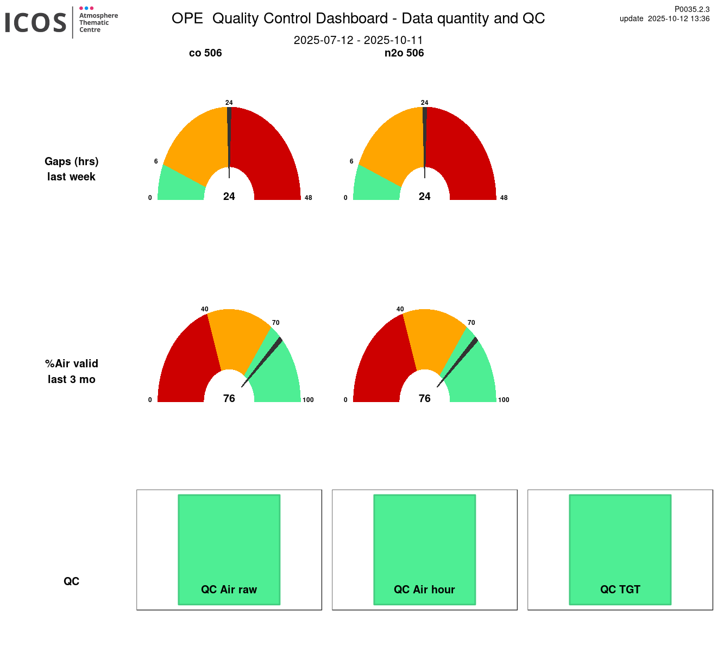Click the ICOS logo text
(x=36, y=23)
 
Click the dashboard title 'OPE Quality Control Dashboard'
(x=358, y=18)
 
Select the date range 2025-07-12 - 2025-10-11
(x=358, y=40)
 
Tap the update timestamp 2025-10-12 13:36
(x=664, y=18)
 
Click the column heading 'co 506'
(x=205, y=53)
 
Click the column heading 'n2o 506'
(x=404, y=53)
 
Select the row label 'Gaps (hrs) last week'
(x=72, y=169)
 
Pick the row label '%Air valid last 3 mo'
(x=72, y=371)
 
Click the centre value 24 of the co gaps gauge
(x=229, y=196)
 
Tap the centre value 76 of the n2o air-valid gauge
(x=425, y=398)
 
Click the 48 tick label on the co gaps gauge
(x=309, y=198)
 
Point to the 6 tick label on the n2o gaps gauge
(x=351, y=161)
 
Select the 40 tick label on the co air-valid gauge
(x=205, y=309)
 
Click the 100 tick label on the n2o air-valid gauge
(x=504, y=400)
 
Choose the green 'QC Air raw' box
(x=229, y=543)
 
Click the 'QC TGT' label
(x=620, y=590)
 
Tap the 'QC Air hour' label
(x=424, y=590)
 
